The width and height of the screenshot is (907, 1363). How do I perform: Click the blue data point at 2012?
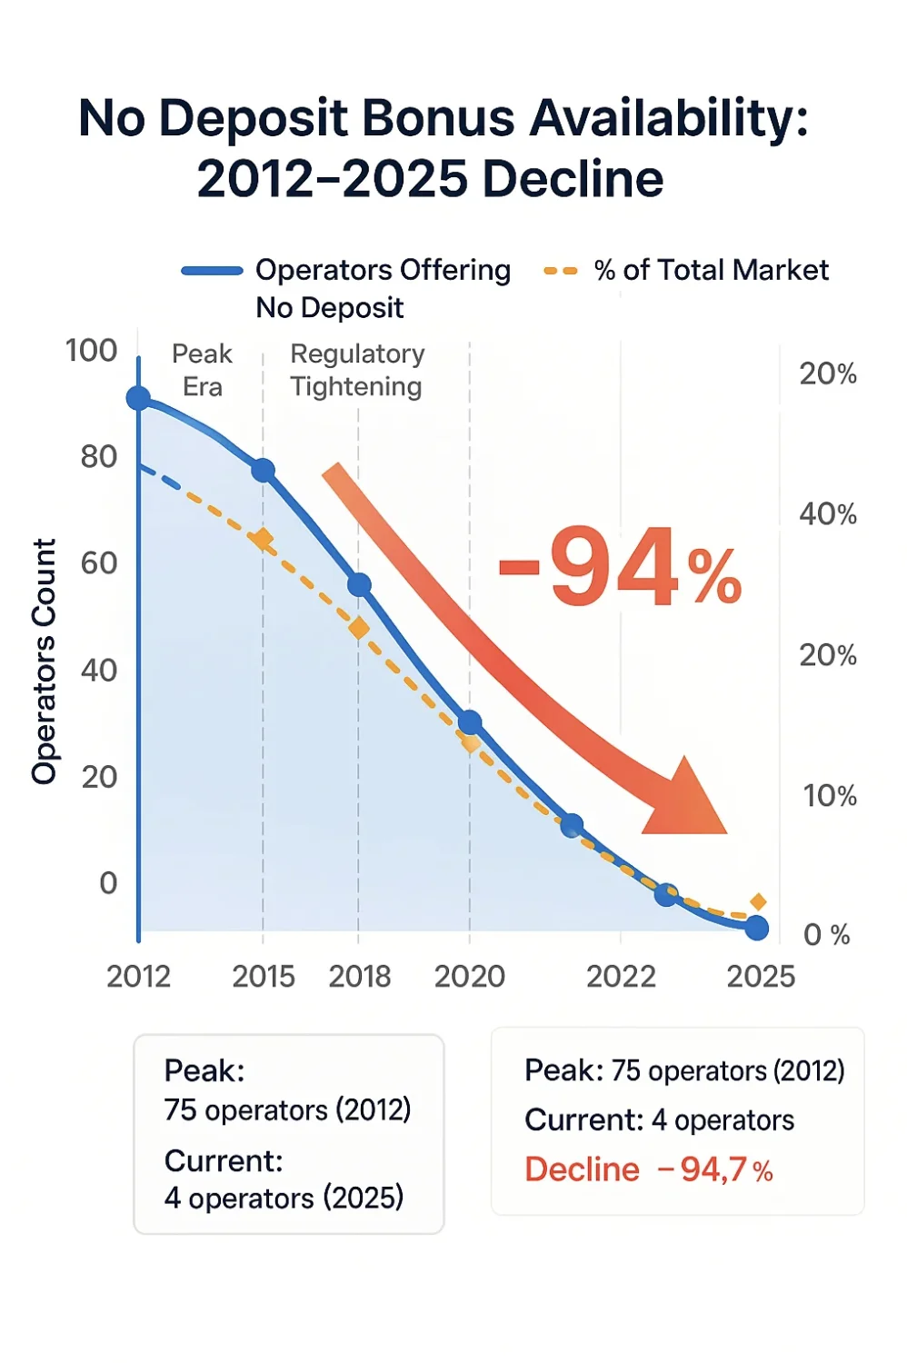pyautogui.click(x=138, y=398)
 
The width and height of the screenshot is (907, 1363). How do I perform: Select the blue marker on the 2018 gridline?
pyautogui.click(x=359, y=585)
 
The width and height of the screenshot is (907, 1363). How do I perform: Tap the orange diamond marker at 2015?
pyautogui.click(x=263, y=540)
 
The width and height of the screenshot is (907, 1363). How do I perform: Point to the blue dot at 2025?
pyautogui.click(x=756, y=928)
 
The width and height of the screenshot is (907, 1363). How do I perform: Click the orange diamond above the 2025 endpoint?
pyautogui.click(x=758, y=901)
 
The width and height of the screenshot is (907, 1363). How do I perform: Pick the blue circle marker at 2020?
pyautogui.click(x=470, y=722)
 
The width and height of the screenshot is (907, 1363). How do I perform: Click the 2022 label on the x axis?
pyautogui.click(x=621, y=977)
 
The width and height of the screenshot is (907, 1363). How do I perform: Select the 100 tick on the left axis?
pyautogui.click(x=91, y=351)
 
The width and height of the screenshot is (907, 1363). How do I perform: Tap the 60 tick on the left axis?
pyautogui.click(x=98, y=563)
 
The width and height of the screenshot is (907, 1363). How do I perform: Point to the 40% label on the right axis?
pyautogui.click(x=828, y=514)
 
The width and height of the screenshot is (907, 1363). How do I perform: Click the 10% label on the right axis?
pyautogui.click(x=829, y=796)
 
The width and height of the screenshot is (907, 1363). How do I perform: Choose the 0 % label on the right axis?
pyautogui.click(x=826, y=934)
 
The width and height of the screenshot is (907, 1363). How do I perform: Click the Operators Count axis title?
pyautogui.click(x=44, y=661)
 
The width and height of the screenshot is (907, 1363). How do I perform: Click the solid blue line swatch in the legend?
pyautogui.click(x=212, y=271)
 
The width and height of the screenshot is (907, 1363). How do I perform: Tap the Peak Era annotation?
pyautogui.click(x=202, y=370)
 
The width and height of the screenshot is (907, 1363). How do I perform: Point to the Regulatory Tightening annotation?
pyautogui.click(x=356, y=370)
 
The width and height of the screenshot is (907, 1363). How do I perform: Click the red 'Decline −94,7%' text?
pyautogui.click(x=648, y=1169)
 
